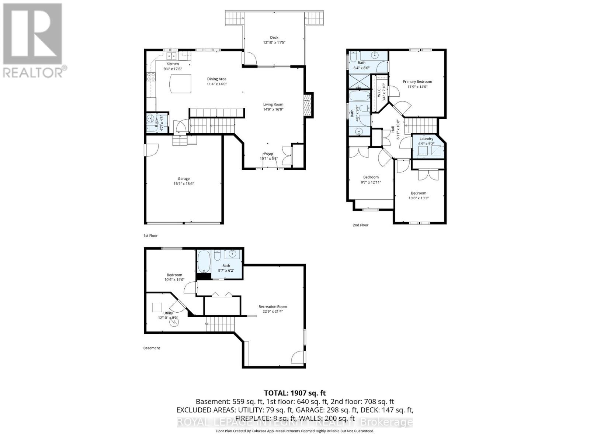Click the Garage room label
point(184,179)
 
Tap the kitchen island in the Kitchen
point(180,84)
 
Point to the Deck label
point(274,37)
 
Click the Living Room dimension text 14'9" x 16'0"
point(273,109)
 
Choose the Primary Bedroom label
point(417,82)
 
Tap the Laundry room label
point(426,139)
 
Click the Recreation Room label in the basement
point(273,306)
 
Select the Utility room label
point(168,313)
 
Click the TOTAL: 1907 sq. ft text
point(295,393)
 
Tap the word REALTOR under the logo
point(32,72)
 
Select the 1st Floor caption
point(150,236)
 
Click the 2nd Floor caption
point(360,225)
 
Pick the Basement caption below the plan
point(152,348)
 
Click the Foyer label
point(269,154)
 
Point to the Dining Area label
point(216,79)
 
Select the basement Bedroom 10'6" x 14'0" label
point(174,275)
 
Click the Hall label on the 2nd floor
point(393,129)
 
